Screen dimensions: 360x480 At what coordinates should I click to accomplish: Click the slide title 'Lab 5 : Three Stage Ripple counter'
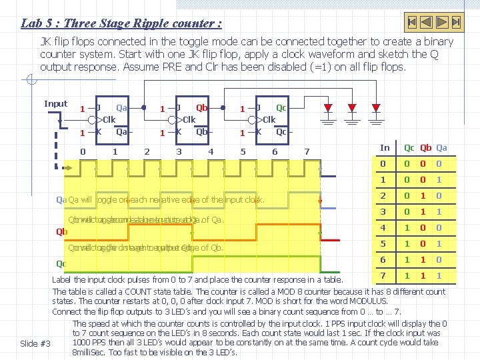[121, 23]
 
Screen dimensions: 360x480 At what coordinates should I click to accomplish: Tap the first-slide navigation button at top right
[412, 22]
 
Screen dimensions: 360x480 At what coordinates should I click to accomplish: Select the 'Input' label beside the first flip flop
[55, 103]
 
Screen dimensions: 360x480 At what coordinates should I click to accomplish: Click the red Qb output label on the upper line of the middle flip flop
[202, 107]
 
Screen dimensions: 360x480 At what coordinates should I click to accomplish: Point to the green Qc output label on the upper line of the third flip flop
[281, 107]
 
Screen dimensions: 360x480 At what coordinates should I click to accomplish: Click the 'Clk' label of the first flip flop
[107, 120]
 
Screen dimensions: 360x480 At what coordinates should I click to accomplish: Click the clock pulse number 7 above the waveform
[306, 151]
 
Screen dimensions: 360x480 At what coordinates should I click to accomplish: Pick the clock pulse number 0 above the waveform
[83, 151]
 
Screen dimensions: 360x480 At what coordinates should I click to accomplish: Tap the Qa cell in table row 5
[439, 244]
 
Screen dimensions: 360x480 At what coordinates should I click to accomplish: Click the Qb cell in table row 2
[424, 196]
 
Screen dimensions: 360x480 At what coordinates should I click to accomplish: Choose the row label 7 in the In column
[383, 276]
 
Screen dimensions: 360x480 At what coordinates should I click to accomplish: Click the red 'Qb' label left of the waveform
[61, 232]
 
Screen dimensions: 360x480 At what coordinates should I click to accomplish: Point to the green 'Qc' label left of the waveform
[61, 264]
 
